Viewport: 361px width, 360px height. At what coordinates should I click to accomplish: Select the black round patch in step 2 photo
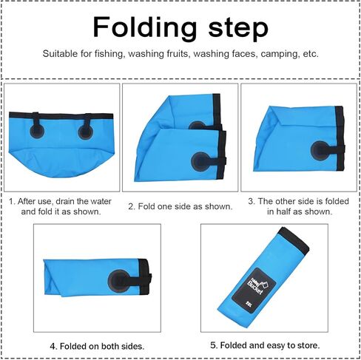coord(200,160)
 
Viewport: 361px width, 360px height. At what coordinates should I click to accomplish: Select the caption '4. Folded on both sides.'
coord(97,345)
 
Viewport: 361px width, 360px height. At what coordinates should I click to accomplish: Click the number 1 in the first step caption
coord(12,200)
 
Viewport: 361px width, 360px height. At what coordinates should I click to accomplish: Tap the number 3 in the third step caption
coord(252,200)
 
